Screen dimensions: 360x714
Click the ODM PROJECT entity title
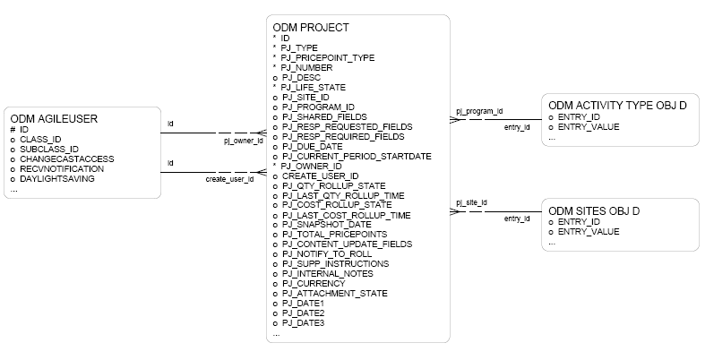(x=311, y=28)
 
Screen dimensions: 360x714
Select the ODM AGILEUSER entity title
(x=54, y=117)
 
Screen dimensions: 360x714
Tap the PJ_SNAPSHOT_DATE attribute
(x=323, y=225)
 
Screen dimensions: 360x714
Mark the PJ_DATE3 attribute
(x=303, y=323)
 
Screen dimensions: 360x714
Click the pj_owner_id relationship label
(x=243, y=141)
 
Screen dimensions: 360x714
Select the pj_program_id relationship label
(x=479, y=111)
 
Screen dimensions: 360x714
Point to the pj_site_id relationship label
(x=472, y=203)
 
